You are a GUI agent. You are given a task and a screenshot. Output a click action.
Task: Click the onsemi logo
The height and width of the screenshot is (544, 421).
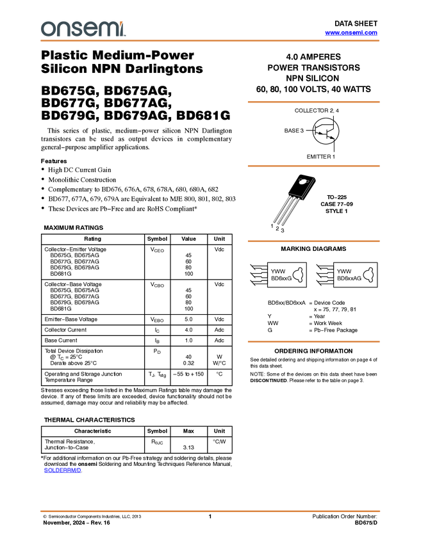point(83,29)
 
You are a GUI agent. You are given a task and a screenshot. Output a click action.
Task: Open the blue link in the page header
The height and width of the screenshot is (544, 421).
point(351,33)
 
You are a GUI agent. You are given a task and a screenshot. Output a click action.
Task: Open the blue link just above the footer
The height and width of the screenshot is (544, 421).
point(62,470)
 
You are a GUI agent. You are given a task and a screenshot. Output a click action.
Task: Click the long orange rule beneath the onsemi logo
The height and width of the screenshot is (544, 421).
point(210,41)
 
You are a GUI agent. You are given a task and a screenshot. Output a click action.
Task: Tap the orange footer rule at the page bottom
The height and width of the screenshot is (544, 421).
point(210,511)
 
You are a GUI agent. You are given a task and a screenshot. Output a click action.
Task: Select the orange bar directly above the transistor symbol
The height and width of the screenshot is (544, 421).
point(313,102)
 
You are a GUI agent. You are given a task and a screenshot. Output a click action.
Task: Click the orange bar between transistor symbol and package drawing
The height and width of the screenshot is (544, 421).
point(313,166)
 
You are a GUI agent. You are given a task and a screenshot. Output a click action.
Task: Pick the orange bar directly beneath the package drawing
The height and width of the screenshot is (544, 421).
point(313,241)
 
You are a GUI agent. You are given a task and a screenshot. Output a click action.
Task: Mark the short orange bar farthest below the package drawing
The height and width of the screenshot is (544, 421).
point(313,342)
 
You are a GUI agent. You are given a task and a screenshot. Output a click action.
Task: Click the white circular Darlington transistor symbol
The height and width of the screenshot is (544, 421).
point(326,131)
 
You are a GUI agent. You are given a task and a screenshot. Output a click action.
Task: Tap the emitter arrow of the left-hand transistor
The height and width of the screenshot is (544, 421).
point(321,132)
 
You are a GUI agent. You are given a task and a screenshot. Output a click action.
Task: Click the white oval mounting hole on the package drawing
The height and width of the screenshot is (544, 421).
point(302,181)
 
